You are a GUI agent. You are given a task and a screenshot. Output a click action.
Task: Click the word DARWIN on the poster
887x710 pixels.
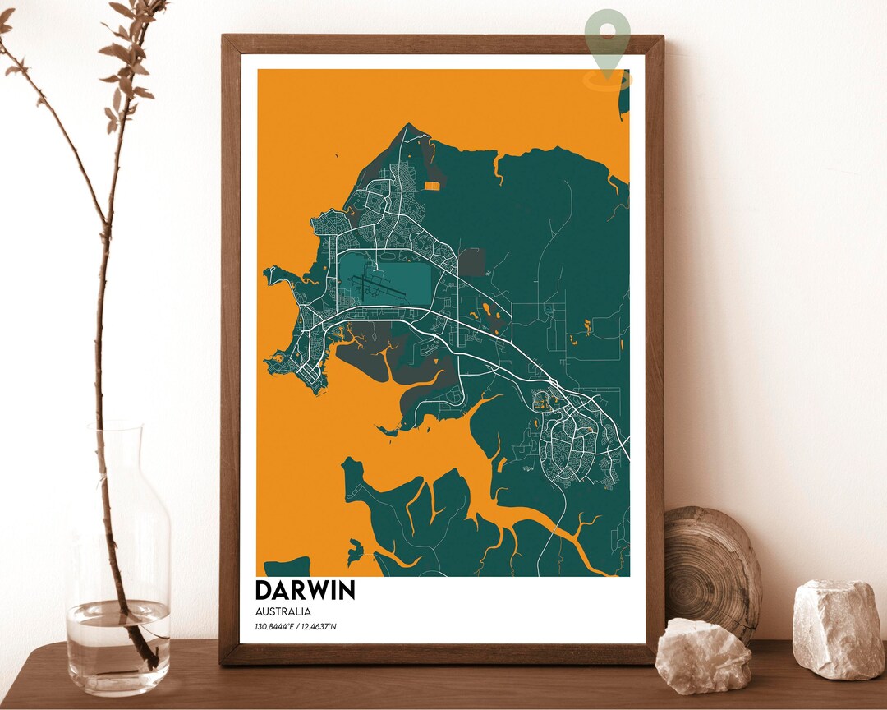(x=305, y=590)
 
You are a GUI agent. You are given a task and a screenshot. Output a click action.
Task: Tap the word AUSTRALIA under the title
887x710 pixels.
(x=283, y=611)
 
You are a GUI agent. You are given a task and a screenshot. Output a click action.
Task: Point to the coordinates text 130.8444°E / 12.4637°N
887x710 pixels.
(x=296, y=628)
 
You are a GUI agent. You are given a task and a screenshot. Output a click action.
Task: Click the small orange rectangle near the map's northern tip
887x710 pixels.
(x=432, y=185)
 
